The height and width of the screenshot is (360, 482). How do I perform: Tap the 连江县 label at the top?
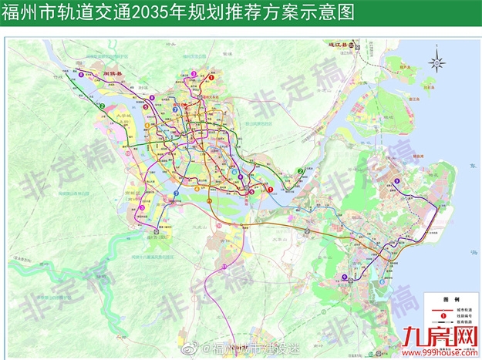pyautogui.click(x=338, y=46)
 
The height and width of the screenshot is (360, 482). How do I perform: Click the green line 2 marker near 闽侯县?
pyautogui.click(x=102, y=106)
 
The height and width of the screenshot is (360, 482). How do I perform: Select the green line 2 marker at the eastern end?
pyautogui.click(x=300, y=171)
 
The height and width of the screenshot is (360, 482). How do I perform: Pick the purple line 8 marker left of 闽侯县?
pyautogui.click(x=70, y=76)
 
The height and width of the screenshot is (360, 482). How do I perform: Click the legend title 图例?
pyautogui.click(x=451, y=298)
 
